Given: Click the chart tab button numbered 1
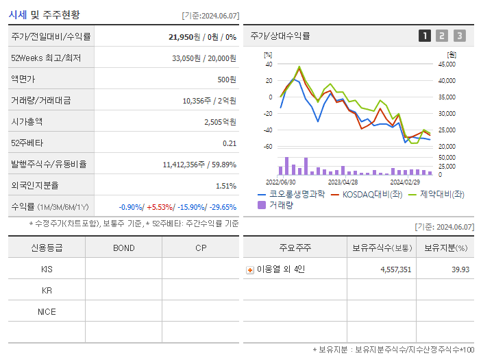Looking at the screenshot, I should tap(425, 36).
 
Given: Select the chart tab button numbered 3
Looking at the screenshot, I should tap(459, 36).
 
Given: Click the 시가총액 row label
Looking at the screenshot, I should tap(27, 121).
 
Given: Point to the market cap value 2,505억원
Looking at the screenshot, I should tap(220, 121).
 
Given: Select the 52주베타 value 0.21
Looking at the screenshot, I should tap(229, 143).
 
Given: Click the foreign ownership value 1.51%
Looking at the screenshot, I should tap(225, 185).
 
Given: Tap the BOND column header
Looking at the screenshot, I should tap(123, 248).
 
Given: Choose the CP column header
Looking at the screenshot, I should tap(201, 248).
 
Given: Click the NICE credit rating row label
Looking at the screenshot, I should tap(47, 311).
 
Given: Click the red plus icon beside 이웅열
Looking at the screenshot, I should tap(250, 269).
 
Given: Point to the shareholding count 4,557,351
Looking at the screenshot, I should tap(395, 269).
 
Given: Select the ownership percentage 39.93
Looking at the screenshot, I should tap(460, 269).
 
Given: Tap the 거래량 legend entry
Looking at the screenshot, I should tap(278, 205).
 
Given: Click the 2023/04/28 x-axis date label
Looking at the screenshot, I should tap(343, 182).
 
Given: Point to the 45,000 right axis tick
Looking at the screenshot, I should tap(446, 64).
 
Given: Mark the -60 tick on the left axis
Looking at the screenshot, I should tap(268, 147).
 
